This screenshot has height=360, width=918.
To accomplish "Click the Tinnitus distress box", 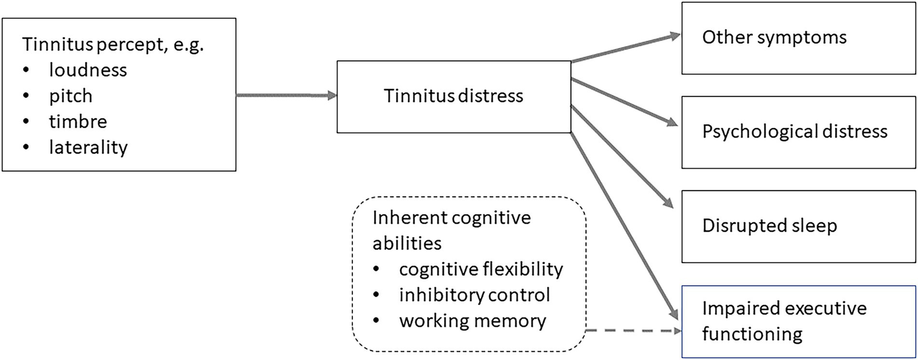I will (453, 96).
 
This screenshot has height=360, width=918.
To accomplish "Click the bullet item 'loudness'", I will (88, 70).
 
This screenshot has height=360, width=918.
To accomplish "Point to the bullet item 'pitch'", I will (71, 96).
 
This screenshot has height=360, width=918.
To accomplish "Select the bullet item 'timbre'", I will (78, 121).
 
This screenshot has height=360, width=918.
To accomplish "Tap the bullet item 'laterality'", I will (89, 147).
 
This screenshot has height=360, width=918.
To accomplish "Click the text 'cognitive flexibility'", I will (481, 270).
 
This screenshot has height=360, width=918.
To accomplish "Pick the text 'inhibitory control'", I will (474, 295).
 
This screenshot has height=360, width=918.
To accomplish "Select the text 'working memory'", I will (472, 321).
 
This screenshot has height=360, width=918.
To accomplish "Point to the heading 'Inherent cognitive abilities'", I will (452, 231).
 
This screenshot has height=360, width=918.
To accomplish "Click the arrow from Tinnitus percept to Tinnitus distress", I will (286, 95).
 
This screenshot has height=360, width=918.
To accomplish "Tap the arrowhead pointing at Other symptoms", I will (676, 35).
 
